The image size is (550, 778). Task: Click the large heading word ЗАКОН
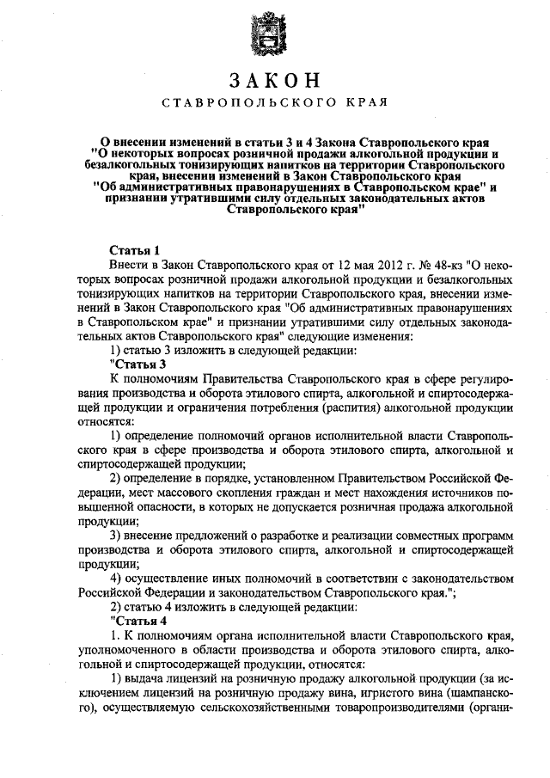pos(275,81)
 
